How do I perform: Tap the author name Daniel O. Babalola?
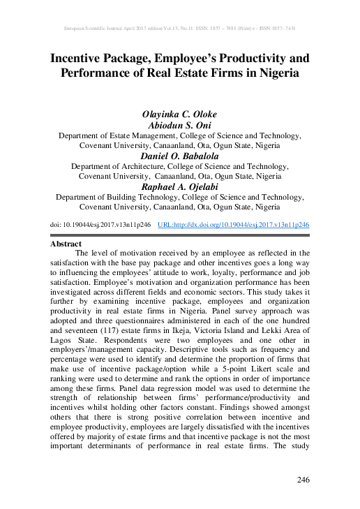pos(180,157)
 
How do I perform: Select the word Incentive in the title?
pos(82,57)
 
